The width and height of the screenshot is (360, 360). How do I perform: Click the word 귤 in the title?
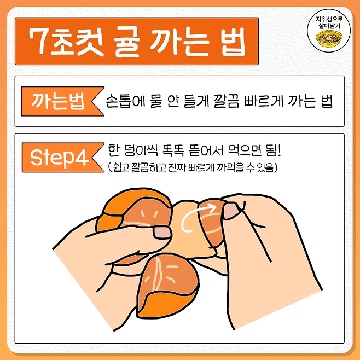pyautogui.click(x=126, y=42)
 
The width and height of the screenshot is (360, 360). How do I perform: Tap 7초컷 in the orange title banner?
pyautogui.click(x=67, y=42)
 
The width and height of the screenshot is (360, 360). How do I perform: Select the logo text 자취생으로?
pyautogui.click(x=329, y=19)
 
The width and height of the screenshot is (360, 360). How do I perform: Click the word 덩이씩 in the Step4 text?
pyautogui.click(x=141, y=150)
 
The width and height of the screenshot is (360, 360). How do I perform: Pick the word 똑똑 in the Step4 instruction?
pyautogui.click(x=173, y=150)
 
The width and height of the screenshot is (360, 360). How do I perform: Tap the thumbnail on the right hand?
pyautogui.click(x=231, y=211)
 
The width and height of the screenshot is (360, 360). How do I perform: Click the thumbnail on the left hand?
pyautogui.click(x=162, y=232)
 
